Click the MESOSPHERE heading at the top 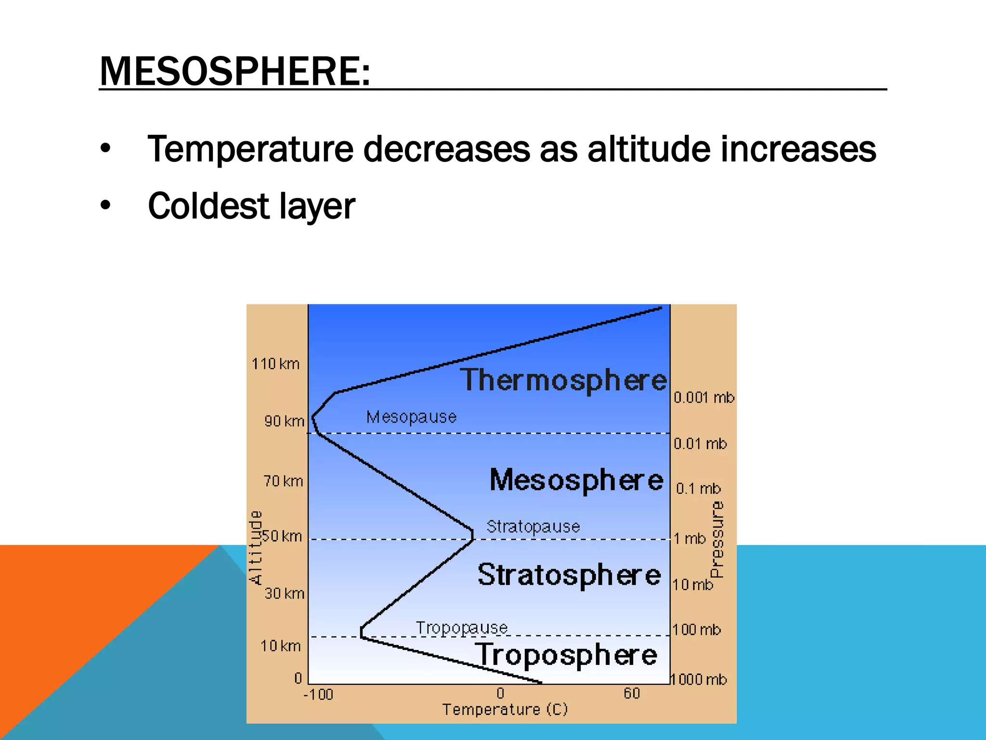(x=235, y=71)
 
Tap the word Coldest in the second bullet (x=208, y=206)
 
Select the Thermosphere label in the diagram (x=563, y=380)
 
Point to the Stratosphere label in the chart (x=569, y=575)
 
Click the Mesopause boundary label (x=411, y=417)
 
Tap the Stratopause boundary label (x=533, y=526)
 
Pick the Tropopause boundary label (x=462, y=628)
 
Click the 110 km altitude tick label (x=275, y=364)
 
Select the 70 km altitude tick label (x=283, y=481)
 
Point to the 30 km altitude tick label (x=284, y=593)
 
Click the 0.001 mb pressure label (x=703, y=397)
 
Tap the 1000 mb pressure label (x=699, y=679)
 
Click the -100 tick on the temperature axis (x=318, y=694)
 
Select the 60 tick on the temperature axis (x=632, y=693)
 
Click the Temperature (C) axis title (x=505, y=710)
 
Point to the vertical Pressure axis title (x=717, y=540)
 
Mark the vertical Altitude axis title (x=256, y=547)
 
